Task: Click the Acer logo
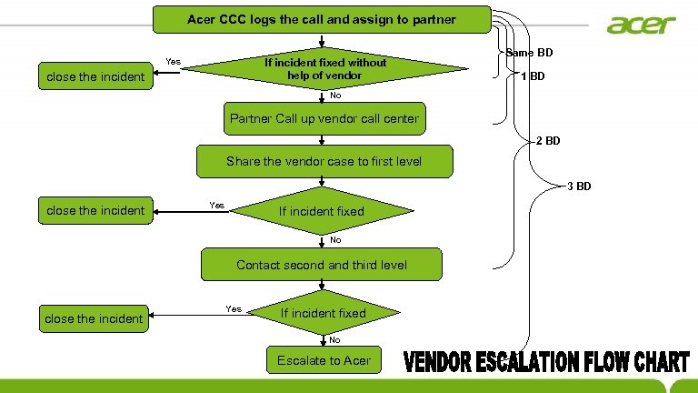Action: click(642, 24)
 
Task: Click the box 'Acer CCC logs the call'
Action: click(321, 18)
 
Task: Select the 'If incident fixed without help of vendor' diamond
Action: click(324, 68)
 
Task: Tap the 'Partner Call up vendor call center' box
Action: click(324, 118)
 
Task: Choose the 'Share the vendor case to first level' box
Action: click(324, 162)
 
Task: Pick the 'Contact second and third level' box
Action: click(322, 265)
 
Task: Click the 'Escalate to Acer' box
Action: click(324, 360)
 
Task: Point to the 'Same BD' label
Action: click(529, 53)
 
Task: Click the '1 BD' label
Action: click(533, 76)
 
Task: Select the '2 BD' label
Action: click(548, 141)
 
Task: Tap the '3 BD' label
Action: click(579, 186)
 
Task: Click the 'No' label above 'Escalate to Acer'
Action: click(334, 340)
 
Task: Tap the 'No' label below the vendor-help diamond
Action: click(335, 96)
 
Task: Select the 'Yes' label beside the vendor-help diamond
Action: click(173, 62)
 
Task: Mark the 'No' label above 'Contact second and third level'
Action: click(335, 240)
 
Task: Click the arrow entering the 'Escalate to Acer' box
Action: click(324, 339)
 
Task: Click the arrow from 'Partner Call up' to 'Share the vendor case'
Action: click(324, 138)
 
